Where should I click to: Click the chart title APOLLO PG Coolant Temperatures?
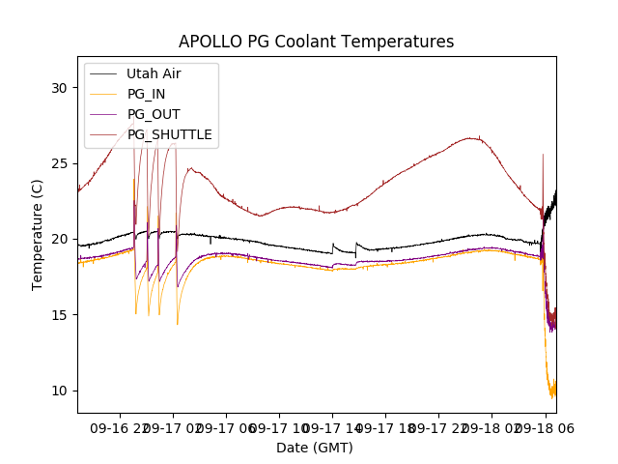(316, 42)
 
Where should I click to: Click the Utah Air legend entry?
(154, 73)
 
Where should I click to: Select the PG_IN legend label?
(146, 94)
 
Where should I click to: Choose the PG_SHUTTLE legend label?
(169, 134)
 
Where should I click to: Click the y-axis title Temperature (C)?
(38, 234)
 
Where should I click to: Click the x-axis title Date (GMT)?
(315, 448)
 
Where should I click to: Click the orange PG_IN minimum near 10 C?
(552, 394)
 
